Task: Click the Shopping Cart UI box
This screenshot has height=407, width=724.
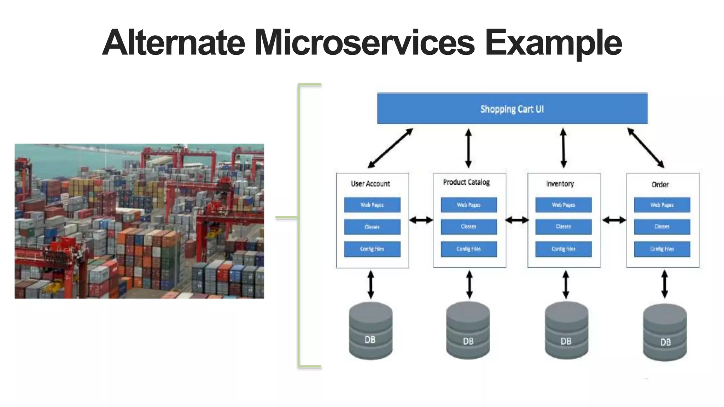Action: click(x=512, y=109)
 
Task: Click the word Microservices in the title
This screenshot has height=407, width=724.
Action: click(x=364, y=43)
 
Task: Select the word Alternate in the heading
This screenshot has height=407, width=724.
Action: click(x=174, y=43)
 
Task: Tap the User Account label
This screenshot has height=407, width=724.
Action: click(x=370, y=184)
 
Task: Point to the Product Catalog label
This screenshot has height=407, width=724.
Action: click(x=466, y=182)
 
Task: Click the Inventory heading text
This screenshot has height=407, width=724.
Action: click(x=560, y=184)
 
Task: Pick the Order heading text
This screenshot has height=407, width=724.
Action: click(x=660, y=184)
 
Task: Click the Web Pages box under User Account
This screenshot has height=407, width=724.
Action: click(x=372, y=205)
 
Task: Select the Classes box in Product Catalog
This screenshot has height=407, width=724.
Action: click(x=469, y=226)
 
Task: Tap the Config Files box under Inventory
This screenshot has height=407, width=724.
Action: click(x=564, y=249)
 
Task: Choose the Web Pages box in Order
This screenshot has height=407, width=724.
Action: click(x=662, y=205)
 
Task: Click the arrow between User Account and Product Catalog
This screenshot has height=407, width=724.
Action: click(x=421, y=220)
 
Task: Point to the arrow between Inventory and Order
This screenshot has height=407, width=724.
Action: click(x=614, y=220)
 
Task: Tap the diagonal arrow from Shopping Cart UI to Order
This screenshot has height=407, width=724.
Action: click(x=646, y=148)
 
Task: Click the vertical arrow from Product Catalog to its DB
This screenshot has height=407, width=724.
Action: click(x=469, y=285)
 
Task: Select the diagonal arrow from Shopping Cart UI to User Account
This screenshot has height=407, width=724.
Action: click(x=390, y=148)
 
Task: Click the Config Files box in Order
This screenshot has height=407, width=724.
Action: click(x=662, y=249)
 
